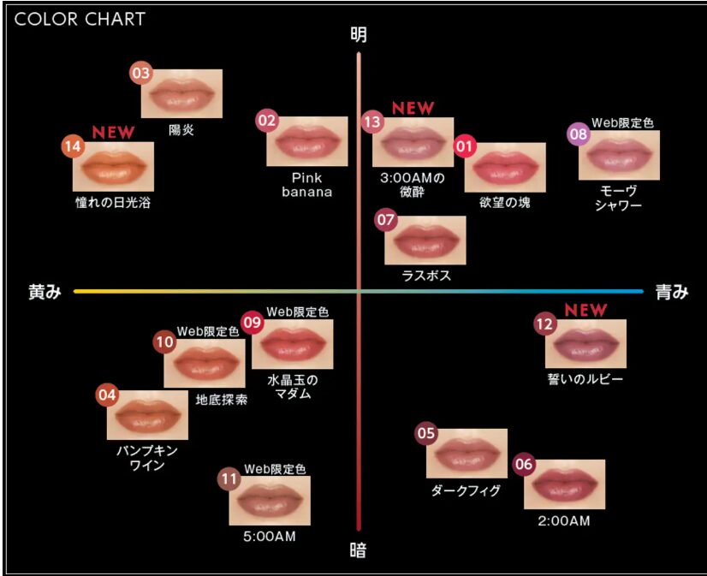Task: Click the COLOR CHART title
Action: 80,19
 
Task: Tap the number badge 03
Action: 141,73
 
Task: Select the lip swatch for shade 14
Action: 113,166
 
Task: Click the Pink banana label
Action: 306,185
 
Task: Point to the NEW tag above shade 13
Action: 413,108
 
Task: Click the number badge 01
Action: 465,146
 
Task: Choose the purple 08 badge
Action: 579,134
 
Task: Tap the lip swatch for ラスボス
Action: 425,240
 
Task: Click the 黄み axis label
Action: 45,292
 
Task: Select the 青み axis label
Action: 672,292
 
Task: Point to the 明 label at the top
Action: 359,35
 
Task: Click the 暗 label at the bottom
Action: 359,550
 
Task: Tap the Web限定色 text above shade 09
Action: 298,312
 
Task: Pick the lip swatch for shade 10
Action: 205,363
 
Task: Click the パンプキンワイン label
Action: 147,458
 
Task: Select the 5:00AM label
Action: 270,537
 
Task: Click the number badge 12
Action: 545,324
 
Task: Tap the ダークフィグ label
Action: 466,490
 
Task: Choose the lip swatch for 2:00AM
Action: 565,484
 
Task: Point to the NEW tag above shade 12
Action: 585,310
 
